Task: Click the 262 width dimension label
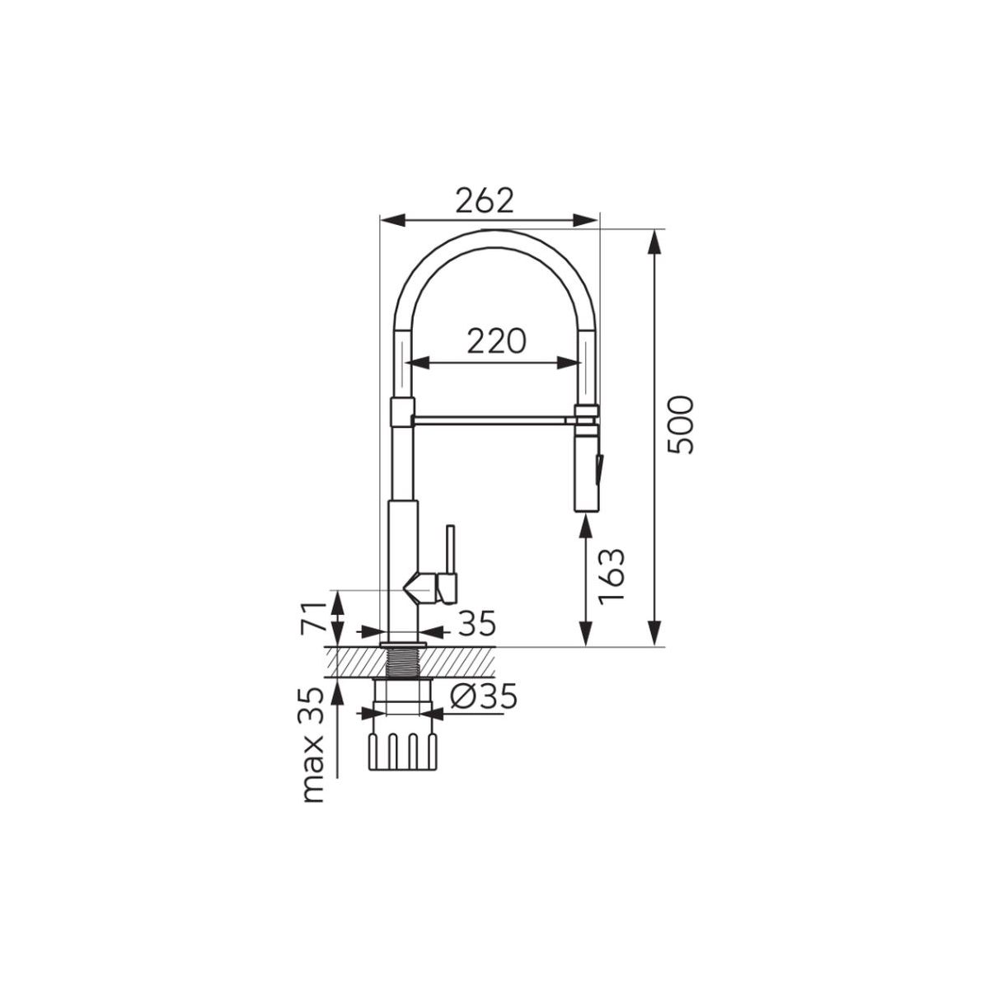coord(484,202)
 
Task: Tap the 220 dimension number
coord(496,340)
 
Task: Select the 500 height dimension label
coord(681,424)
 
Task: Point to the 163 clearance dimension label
coord(612,575)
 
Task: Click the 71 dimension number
coord(313,616)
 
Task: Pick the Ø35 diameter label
coord(484,697)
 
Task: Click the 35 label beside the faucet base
coord(478,624)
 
